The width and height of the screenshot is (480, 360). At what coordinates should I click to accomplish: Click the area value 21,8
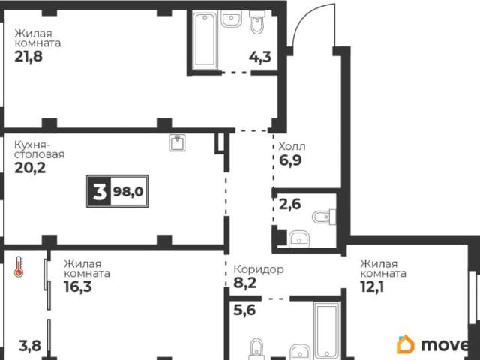28,57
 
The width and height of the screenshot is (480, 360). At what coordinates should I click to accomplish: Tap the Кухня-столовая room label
39,149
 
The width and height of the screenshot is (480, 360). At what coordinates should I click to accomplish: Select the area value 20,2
30,168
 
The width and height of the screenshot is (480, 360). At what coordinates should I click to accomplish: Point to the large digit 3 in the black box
99,192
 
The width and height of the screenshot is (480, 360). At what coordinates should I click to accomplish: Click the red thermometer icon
19,267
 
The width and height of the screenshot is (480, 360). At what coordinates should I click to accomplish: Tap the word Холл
292,147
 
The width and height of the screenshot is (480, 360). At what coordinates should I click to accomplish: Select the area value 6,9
290,160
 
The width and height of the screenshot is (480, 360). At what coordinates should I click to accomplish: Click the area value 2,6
290,204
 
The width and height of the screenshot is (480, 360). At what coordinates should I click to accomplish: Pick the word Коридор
259,269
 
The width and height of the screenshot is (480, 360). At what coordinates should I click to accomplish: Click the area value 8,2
245,283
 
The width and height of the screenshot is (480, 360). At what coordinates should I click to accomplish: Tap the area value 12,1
372,286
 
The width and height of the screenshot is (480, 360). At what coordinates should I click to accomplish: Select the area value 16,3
78,286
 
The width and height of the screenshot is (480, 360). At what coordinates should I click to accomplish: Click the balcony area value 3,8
30,346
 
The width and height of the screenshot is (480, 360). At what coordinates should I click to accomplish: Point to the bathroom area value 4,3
260,57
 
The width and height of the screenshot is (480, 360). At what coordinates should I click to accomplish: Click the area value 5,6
244,310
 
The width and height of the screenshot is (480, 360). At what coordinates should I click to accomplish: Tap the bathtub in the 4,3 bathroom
205,40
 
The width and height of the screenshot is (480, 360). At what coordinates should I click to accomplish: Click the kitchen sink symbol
177,143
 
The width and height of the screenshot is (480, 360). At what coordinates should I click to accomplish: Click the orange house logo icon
406,344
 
